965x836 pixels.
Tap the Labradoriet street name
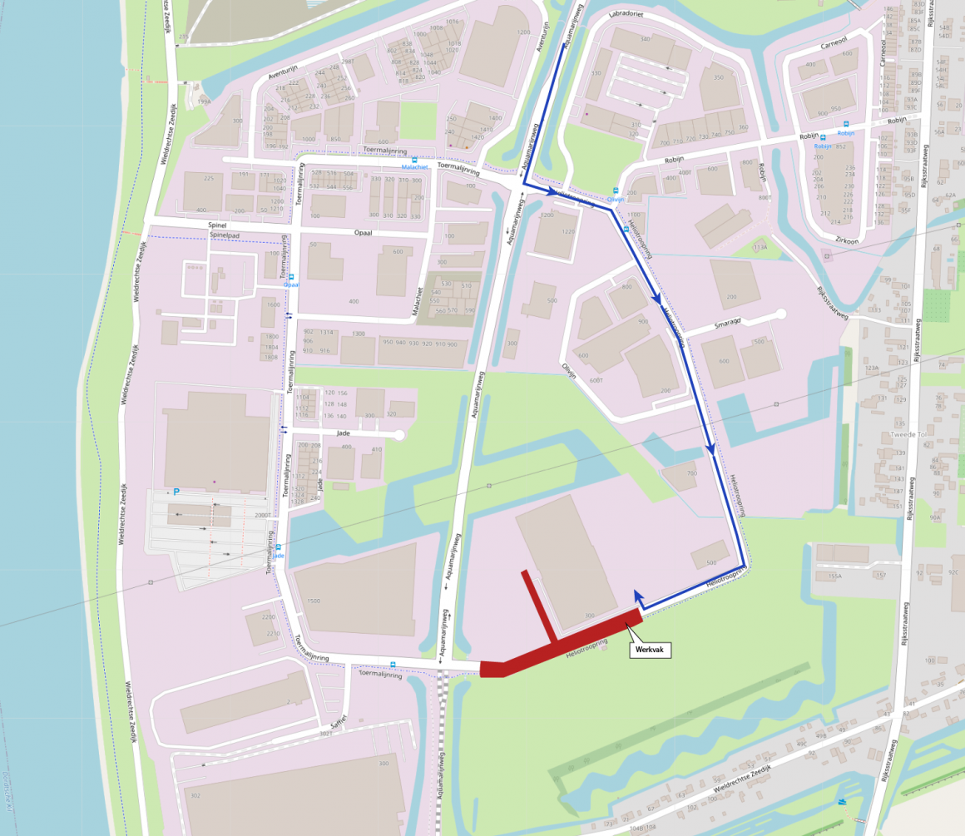coord(627,15)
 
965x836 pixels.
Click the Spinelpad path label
coord(230,235)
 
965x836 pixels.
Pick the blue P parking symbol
coord(176,492)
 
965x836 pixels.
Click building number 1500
coord(314,600)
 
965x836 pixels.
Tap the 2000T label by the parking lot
coord(264,516)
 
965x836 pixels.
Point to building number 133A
coord(760,247)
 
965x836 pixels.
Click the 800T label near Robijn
coord(765,198)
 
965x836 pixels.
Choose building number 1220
coord(569,231)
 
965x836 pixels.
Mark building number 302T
coord(326,734)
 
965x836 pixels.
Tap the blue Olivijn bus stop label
coord(616,200)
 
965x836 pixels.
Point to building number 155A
coord(835,575)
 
